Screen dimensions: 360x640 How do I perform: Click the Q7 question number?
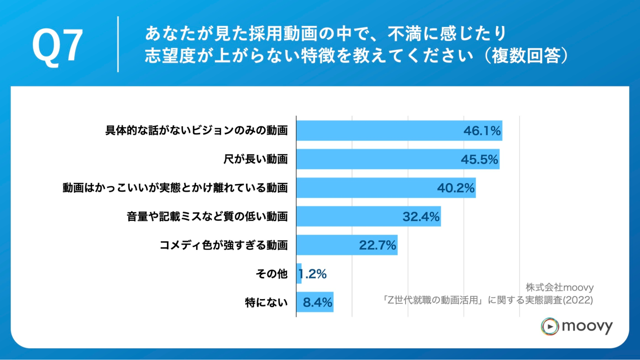click(x=58, y=45)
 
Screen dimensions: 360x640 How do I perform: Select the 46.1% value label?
click(x=482, y=131)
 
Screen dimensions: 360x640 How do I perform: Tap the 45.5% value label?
click(x=479, y=159)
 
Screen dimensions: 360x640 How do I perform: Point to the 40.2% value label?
click(x=456, y=188)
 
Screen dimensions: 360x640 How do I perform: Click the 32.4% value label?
click(x=421, y=217)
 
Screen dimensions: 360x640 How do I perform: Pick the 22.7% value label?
click(x=377, y=245)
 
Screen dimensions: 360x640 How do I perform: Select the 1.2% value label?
click(x=313, y=274)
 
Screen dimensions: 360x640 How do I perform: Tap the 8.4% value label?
click(x=317, y=302)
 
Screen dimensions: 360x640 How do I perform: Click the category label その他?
click(x=271, y=274)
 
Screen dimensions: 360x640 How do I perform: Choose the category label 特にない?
click(x=266, y=302)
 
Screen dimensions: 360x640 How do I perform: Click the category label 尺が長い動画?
click(x=255, y=159)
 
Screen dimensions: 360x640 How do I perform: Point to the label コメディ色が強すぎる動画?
click(x=223, y=245)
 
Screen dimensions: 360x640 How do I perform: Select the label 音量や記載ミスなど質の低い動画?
click(x=207, y=217)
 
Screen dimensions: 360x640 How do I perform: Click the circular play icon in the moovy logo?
click(x=550, y=326)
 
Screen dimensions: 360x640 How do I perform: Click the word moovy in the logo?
click(x=587, y=326)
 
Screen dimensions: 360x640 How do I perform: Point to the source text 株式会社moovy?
click(x=559, y=287)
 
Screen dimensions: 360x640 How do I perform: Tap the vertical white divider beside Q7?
click(x=118, y=44)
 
